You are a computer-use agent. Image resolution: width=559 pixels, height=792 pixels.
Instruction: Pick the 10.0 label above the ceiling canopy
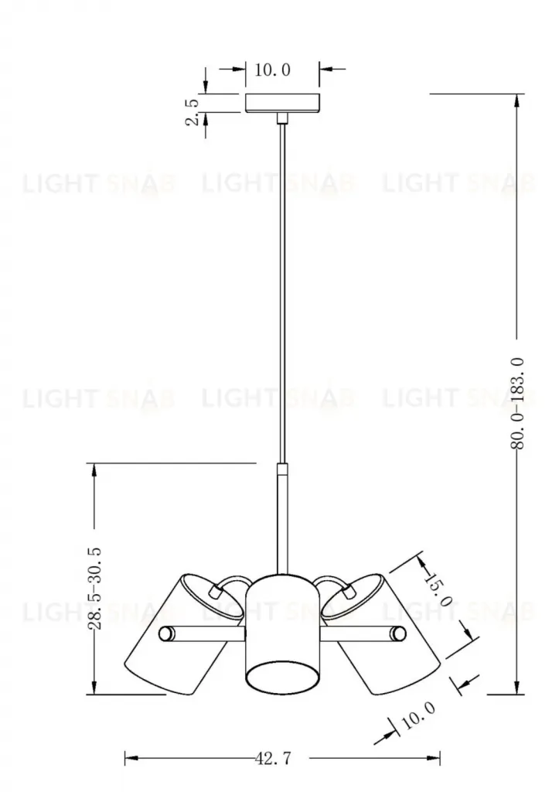272,70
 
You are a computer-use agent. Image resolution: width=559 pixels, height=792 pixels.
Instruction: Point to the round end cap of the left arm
165,634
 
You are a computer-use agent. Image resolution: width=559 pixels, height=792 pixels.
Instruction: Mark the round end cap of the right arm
398,634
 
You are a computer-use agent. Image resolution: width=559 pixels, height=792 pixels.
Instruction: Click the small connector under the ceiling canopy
282,118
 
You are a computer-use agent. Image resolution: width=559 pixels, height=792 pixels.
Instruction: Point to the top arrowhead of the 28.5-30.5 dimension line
95,469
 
